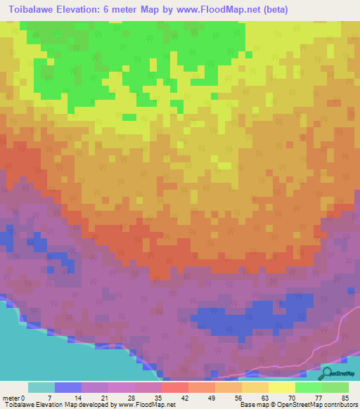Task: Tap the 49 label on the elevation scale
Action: point(215,398)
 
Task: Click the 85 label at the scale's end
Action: point(345,398)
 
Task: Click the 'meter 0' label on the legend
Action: point(14,398)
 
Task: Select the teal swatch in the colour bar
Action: point(41,387)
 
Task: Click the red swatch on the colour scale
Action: point(175,387)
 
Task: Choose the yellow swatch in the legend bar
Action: point(281,387)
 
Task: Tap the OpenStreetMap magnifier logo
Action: point(328,373)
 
